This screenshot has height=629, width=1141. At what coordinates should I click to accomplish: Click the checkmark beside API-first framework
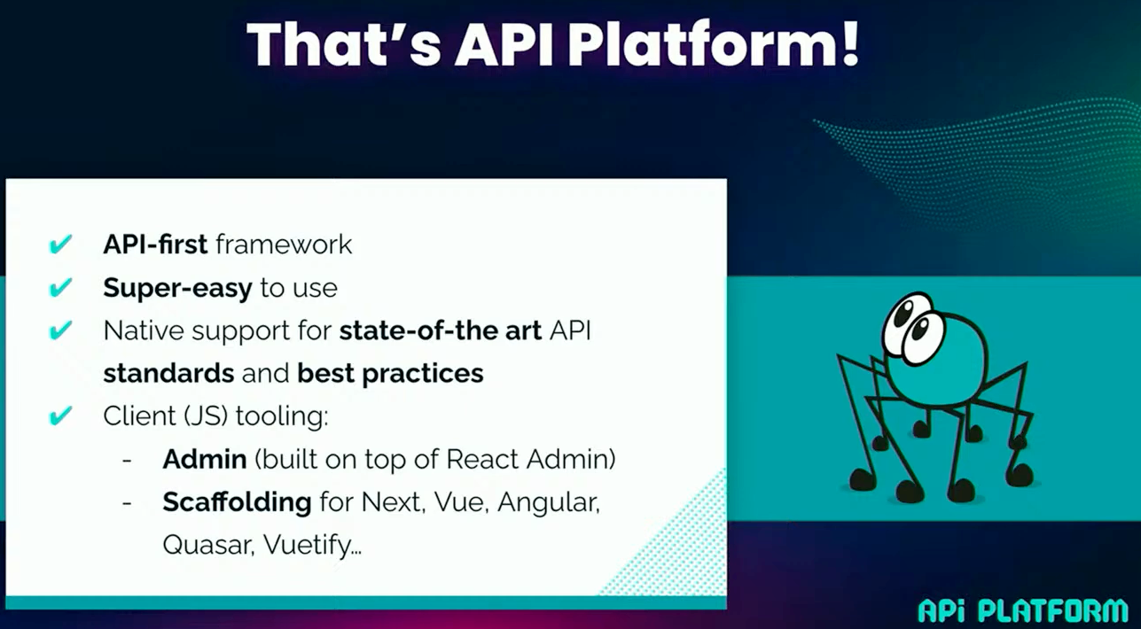click(60, 244)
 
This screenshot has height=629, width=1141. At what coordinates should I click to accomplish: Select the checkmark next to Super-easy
click(60, 287)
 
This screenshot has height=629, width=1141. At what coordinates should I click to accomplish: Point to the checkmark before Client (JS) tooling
click(60, 415)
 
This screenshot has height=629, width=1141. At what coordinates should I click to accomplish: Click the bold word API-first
click(155, 244)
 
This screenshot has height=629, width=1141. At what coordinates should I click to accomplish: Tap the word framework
click(284, 244)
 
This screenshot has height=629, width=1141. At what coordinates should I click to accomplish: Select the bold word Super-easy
click(178, 288)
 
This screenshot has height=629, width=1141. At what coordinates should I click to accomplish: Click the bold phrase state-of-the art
click(441, 330)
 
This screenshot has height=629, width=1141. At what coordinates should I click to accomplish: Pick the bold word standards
click(168, 373)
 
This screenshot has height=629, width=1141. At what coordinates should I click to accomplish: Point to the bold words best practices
click(390, 374)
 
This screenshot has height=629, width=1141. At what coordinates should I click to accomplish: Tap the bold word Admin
click(205, 459)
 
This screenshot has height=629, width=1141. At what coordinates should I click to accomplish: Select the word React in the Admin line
click(482, 459)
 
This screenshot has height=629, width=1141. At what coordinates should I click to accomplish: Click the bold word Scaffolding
click(237, 501)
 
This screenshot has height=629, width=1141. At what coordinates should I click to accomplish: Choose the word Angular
click(549, 503)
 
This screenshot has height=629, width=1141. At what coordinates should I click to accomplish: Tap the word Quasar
click(208, 545)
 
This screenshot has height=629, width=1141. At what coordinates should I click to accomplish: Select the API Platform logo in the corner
click(1022, 610)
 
